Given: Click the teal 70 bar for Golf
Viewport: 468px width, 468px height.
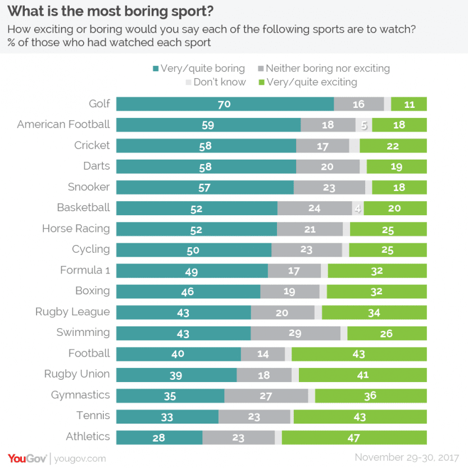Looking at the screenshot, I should click(x=225, y=104).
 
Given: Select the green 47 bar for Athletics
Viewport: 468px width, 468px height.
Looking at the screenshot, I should click(x=354, y=437).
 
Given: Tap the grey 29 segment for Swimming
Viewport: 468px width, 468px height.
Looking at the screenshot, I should click(x=296, y=333).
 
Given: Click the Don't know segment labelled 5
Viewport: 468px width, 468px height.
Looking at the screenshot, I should click(x=364, y=125).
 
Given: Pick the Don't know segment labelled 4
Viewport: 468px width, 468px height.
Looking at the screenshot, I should click(x=358, y=208).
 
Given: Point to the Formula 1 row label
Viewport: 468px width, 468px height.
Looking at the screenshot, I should click(x=85, y=270).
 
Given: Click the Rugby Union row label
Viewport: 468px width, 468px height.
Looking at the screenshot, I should click(x=77, y=374).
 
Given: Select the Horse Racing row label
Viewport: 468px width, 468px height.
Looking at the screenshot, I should click(x=76, y=229).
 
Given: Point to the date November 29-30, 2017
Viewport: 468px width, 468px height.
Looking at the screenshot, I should click(x=407, y=457).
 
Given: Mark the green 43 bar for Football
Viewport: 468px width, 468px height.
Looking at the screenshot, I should click(x=359, y=354).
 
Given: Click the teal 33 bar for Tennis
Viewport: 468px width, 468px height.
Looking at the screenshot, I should click(x=167, y=416).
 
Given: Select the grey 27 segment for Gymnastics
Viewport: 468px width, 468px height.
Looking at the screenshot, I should click(x=266, y=396).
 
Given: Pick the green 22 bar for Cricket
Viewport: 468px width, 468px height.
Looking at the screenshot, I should click(x=393, y=146).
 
